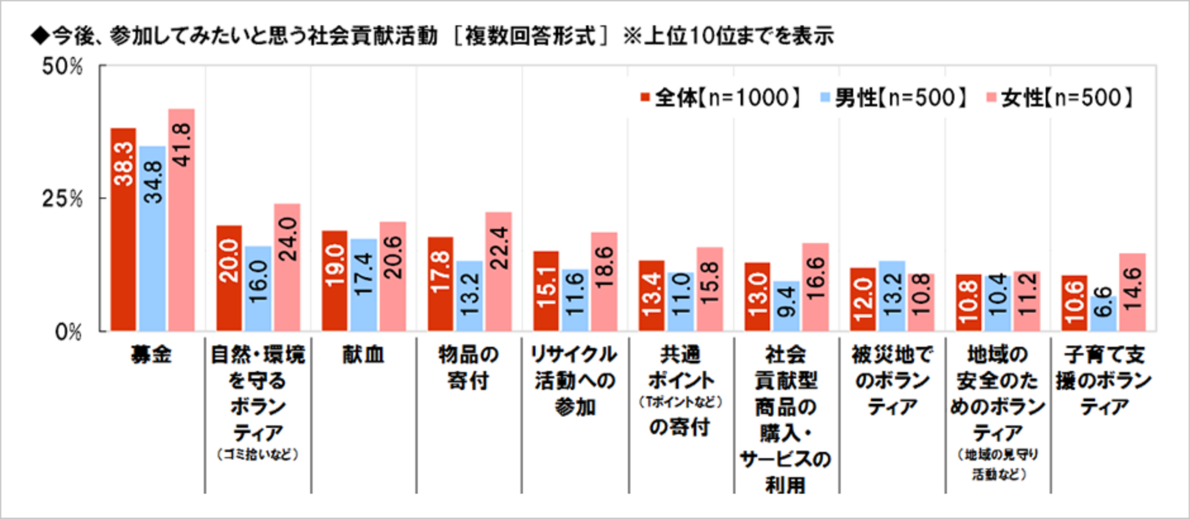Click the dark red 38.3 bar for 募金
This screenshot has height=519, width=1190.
(x=123, y=229)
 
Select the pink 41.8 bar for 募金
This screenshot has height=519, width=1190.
(x=182, y=220)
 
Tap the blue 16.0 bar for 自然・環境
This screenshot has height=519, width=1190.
(x=258, y=288)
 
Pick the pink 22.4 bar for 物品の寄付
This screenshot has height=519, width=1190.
(x=499, y=271)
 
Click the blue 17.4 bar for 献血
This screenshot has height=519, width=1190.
(x=364, y=285)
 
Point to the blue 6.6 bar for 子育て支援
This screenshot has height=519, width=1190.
(x=1103, y=313)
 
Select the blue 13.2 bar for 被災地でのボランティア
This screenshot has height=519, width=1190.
(x=892, y=296)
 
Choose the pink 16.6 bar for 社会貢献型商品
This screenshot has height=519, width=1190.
(x=815, y=287)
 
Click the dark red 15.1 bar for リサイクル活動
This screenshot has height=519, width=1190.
(x=546, y=291)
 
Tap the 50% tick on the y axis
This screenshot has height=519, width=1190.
(x=62, y=66)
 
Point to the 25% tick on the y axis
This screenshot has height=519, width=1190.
(x=62, y=199)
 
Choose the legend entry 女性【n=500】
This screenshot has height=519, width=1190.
(x=1061, y=97)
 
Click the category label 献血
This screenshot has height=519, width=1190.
(x=364, y=354)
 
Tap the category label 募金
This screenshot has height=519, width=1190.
(x=152, y=354)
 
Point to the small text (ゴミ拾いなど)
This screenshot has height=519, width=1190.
(x=258, y=454)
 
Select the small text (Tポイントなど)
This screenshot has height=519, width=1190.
(x=680, y=402)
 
